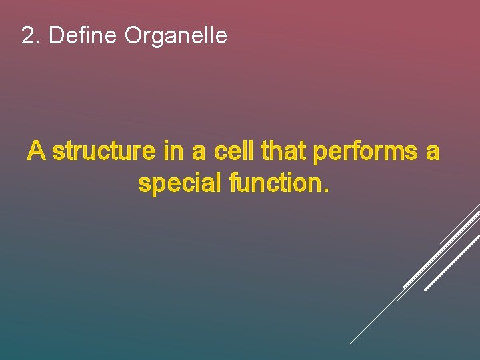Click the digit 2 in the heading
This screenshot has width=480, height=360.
click(28, 35)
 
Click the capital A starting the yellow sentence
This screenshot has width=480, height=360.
click(36, 152)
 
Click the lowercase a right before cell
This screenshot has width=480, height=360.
click(199, 153)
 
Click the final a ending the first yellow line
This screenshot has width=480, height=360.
click(433, 153)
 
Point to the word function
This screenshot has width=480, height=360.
click(274, 183)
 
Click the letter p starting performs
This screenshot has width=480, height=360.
click(319, 155)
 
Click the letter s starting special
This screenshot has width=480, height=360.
click(143, 185)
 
